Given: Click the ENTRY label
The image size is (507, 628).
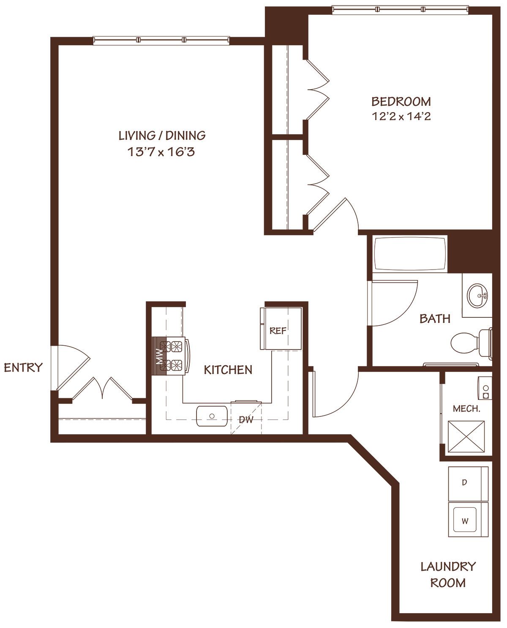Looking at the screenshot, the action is [x=23, y=368].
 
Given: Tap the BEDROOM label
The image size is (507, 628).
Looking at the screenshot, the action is [x=401, y=102].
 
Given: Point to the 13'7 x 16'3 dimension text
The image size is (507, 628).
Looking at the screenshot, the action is [x=161, y=152].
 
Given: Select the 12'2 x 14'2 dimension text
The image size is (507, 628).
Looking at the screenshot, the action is [x=401, y=116].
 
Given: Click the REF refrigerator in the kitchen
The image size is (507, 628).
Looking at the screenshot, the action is [x=281, y=328].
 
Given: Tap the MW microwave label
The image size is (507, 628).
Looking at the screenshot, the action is [x=159, y=356].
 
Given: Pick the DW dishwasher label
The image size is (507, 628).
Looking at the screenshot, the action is [x=246, y=419].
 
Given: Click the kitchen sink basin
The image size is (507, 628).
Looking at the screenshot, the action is [x=212, y=416].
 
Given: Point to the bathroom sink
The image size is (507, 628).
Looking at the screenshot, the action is [x=477, y=295].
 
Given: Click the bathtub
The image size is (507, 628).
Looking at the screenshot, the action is [x=410, y=254].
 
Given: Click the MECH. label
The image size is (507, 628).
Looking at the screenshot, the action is [x=467, y=409].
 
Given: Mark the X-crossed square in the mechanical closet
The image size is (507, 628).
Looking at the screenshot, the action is [x=466, y=437].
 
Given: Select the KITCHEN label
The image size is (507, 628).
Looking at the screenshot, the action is [x=228, y=370].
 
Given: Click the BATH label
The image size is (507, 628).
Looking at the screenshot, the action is [x=435, y=319].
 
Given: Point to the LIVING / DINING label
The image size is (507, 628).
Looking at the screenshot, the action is [x=162, y=135].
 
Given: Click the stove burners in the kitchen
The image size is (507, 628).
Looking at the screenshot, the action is [x=171, y=356].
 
